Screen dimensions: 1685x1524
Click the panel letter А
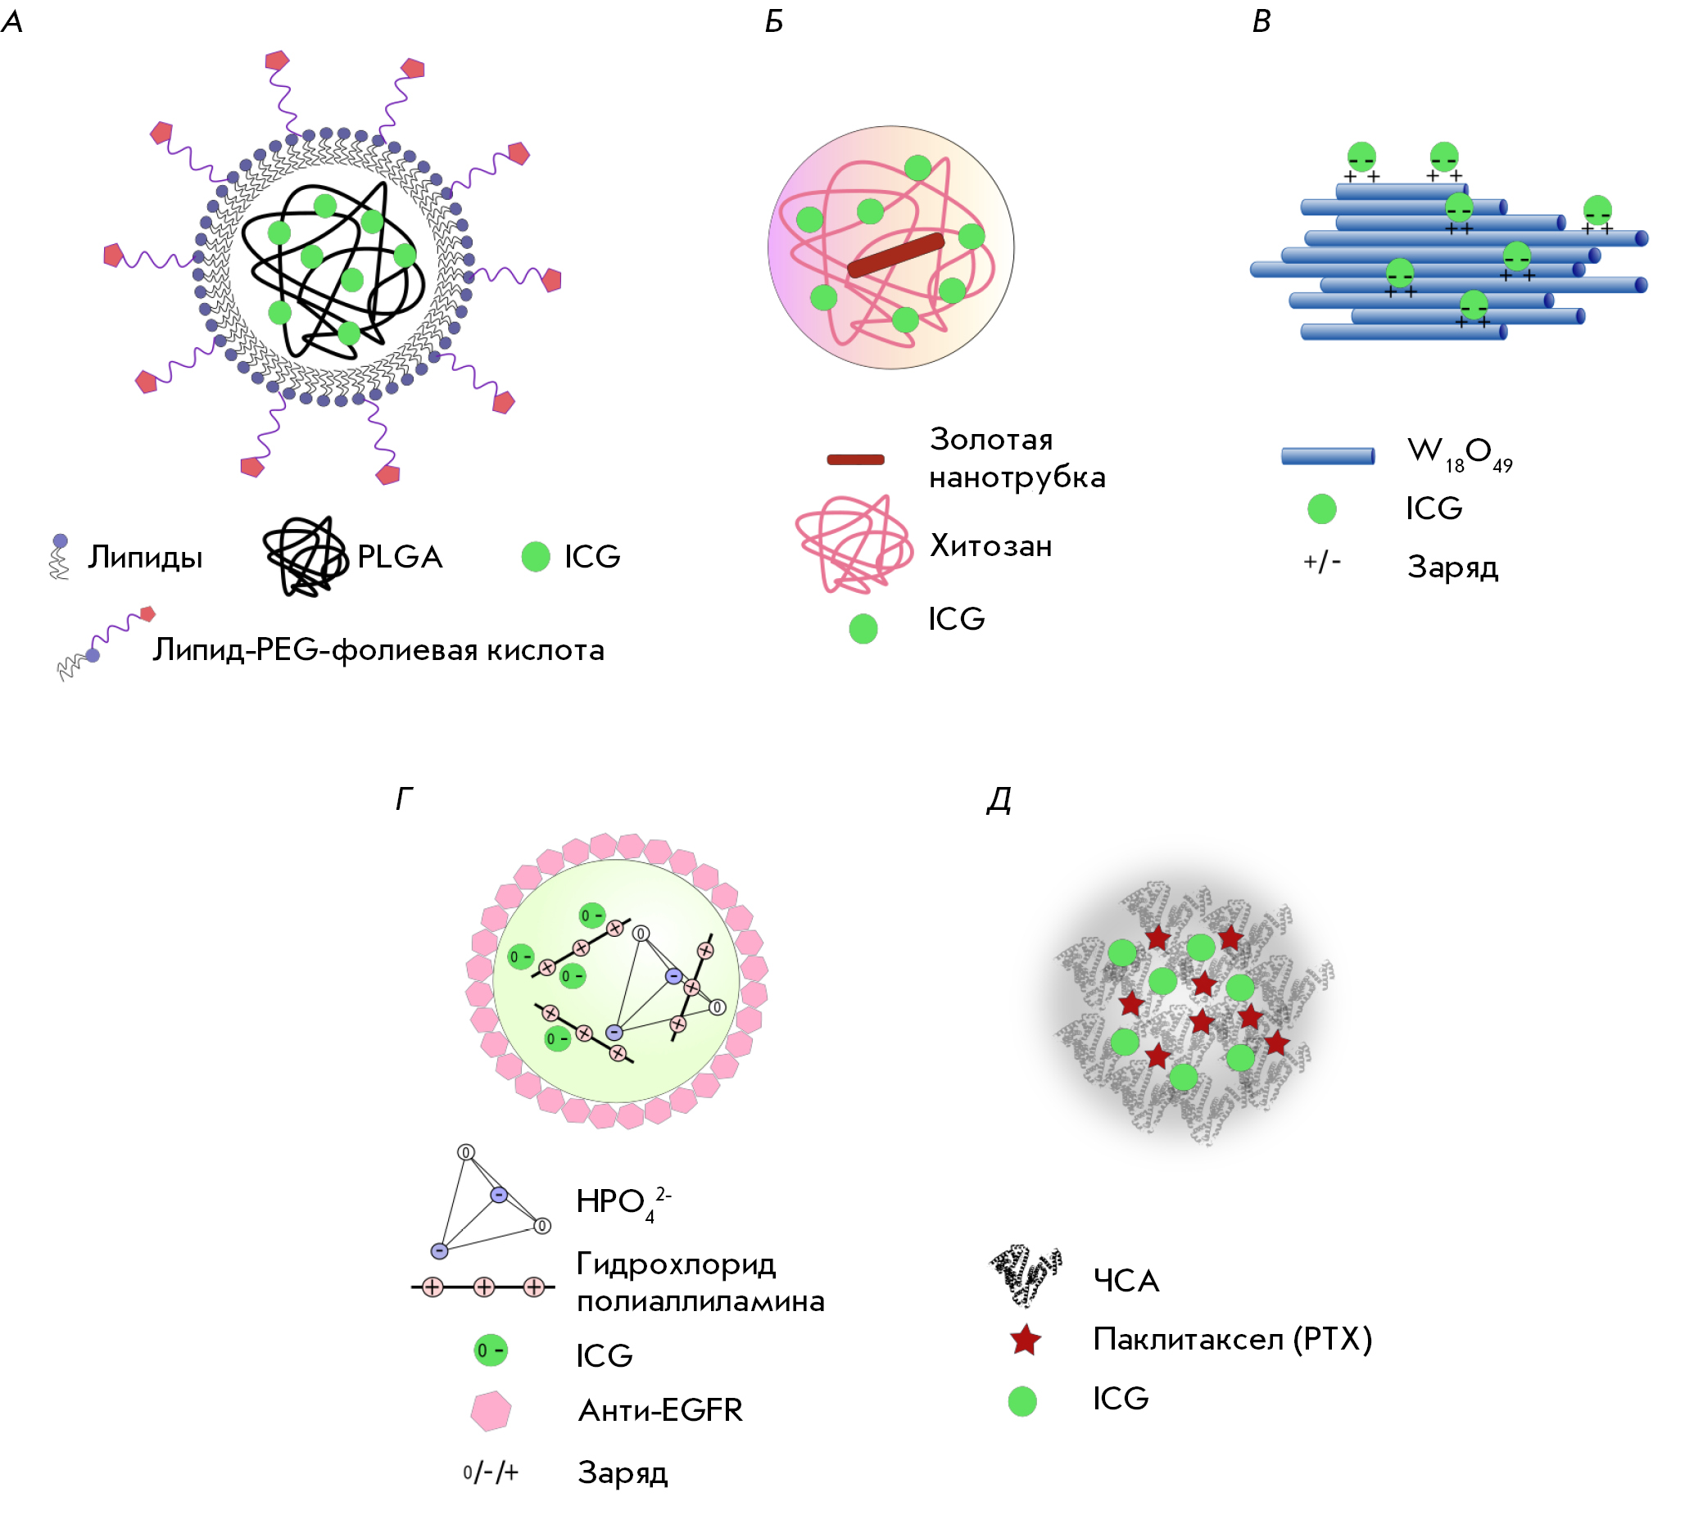pyautogui.click(x=12, y=21)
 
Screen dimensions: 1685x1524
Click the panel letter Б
pyautogui.click(x=774, y=21)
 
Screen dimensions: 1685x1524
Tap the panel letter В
pyautogui.click(x=1261, y=21)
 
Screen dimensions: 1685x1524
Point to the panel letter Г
pyautogui.click(x=404, y=799)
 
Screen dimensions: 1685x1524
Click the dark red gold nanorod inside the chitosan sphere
pyautogui.click(x=895, y=255)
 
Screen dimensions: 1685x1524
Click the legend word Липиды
pyautogui.click(x=146, y=558)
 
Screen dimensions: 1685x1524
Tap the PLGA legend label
pyautogui.click(x=400, y=557)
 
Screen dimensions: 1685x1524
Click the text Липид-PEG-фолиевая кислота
pyautogui.click(x=378, y=650)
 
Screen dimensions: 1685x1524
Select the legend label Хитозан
pyautogui.click(x=990, y=545)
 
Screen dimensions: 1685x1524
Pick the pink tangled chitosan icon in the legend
pyautogui.click(x=854, y=544)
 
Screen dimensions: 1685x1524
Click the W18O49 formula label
pyautogui.click(x=1461, y=454)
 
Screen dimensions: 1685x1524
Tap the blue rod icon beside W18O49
pyautogui.click(x=1328, y=455)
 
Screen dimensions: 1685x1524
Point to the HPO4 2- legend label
pyautogui.click(x=623, y=1203)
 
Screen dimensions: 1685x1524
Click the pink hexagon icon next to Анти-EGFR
pyautogui.click(x=491, y=1411)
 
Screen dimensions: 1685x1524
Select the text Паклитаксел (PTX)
pyautogui.click(x=1233, y=1340)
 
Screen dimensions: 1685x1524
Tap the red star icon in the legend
pyautogui.click(x=1026, y=1341)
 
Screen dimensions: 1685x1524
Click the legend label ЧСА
pyautogui.click(x=1126, y=1281)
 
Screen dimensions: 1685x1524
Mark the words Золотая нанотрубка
pyautogui.click(x=1017, y=458)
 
